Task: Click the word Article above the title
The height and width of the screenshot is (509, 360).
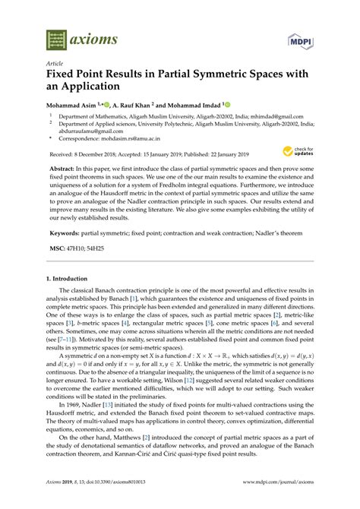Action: (x=55, y=65)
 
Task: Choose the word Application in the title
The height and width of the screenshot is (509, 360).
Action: (x=95, y=89)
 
